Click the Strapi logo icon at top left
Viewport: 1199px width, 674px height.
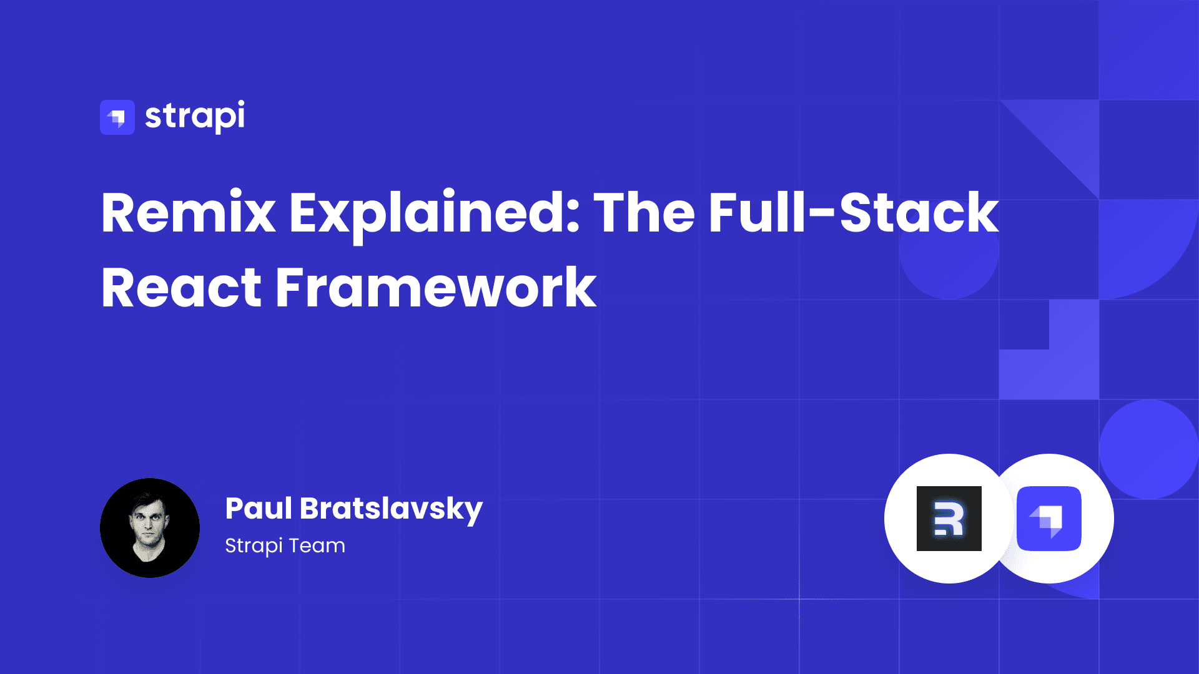(117, 117)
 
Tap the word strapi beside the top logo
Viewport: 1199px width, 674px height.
(195, 117)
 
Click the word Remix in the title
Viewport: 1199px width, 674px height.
(188, 213)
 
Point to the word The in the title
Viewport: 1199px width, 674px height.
(644, 213)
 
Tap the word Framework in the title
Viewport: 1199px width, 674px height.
(436, 288)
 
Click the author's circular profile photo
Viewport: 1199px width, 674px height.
(150, 528)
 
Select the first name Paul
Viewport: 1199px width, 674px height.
(259, 509)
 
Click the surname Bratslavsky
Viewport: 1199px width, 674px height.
(392, 509)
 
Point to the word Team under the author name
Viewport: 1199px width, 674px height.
(317, 546)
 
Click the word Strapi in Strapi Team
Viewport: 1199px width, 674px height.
(254, 546)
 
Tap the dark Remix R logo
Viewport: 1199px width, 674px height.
(949, 519)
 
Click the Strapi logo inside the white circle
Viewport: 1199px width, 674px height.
(1049, 519)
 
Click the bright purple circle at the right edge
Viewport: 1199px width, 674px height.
(1149, 449)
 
